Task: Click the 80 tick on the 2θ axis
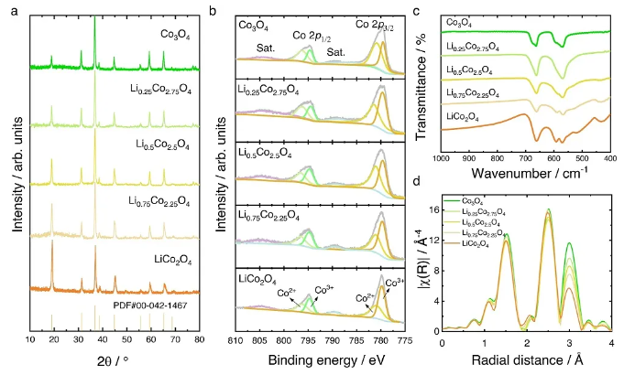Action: point(200,339)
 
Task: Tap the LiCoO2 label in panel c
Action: point(464,116)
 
